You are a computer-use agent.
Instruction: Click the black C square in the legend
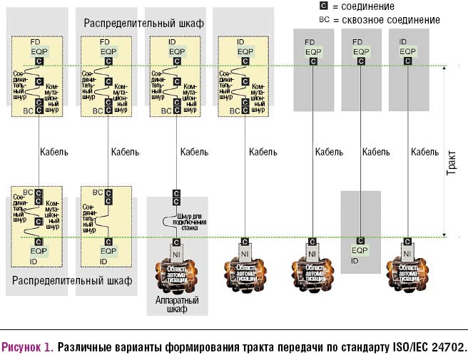click(x=323, y=6)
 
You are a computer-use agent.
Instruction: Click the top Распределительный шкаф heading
click(x=143, y=24)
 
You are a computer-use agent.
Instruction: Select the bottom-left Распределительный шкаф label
click(x=73, y=281)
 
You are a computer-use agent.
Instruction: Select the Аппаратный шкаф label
click(x=177, y=305)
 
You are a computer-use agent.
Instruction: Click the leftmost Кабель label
click(x=54, y=152)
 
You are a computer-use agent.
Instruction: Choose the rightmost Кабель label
click(x=425, y=152)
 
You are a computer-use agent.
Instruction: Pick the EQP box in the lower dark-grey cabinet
click(x=360, y=251)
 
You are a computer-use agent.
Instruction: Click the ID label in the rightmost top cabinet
click(x=403, y=43)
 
